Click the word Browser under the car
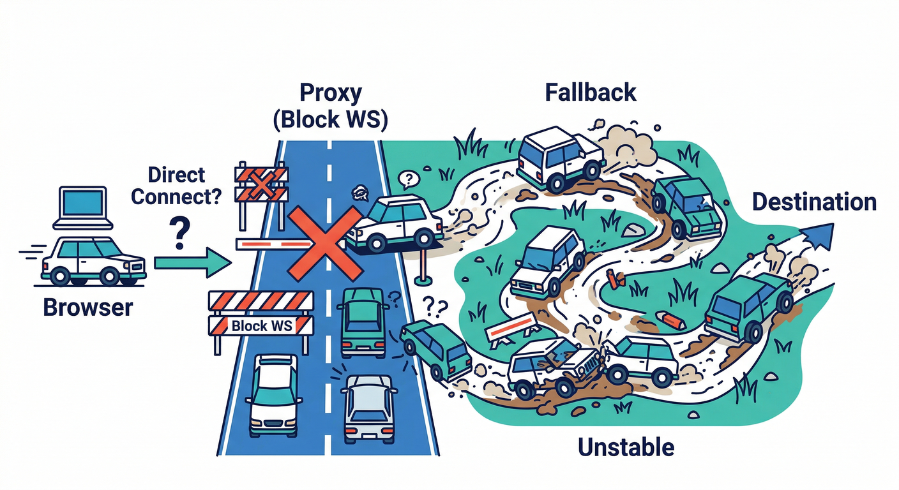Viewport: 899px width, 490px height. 87,308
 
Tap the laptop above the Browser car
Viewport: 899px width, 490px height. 83,208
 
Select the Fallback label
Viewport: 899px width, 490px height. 591,93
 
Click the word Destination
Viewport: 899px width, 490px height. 813,202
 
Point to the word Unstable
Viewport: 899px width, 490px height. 626,447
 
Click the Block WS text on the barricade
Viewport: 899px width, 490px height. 261,325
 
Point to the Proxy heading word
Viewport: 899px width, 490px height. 330,93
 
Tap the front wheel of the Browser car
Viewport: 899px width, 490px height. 110,276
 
